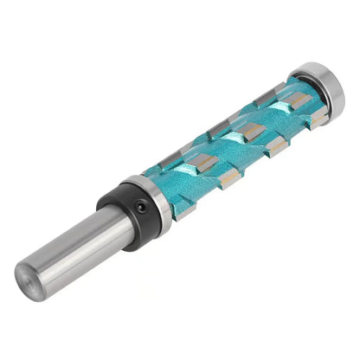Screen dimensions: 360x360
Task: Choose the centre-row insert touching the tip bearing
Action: [299, 101]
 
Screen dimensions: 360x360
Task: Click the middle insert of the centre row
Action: [251, 131]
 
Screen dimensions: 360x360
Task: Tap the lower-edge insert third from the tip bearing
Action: [229, 177]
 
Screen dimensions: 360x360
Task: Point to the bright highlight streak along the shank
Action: [78, 235]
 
